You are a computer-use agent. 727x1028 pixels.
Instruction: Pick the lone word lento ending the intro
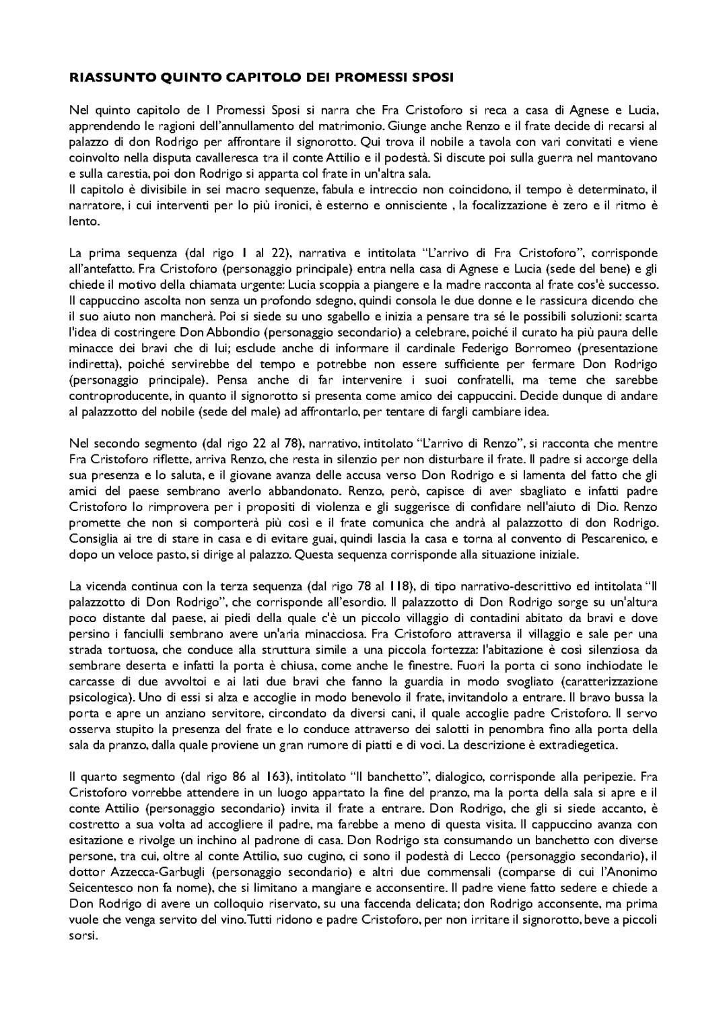pyautogui.click(x=84, y=221)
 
